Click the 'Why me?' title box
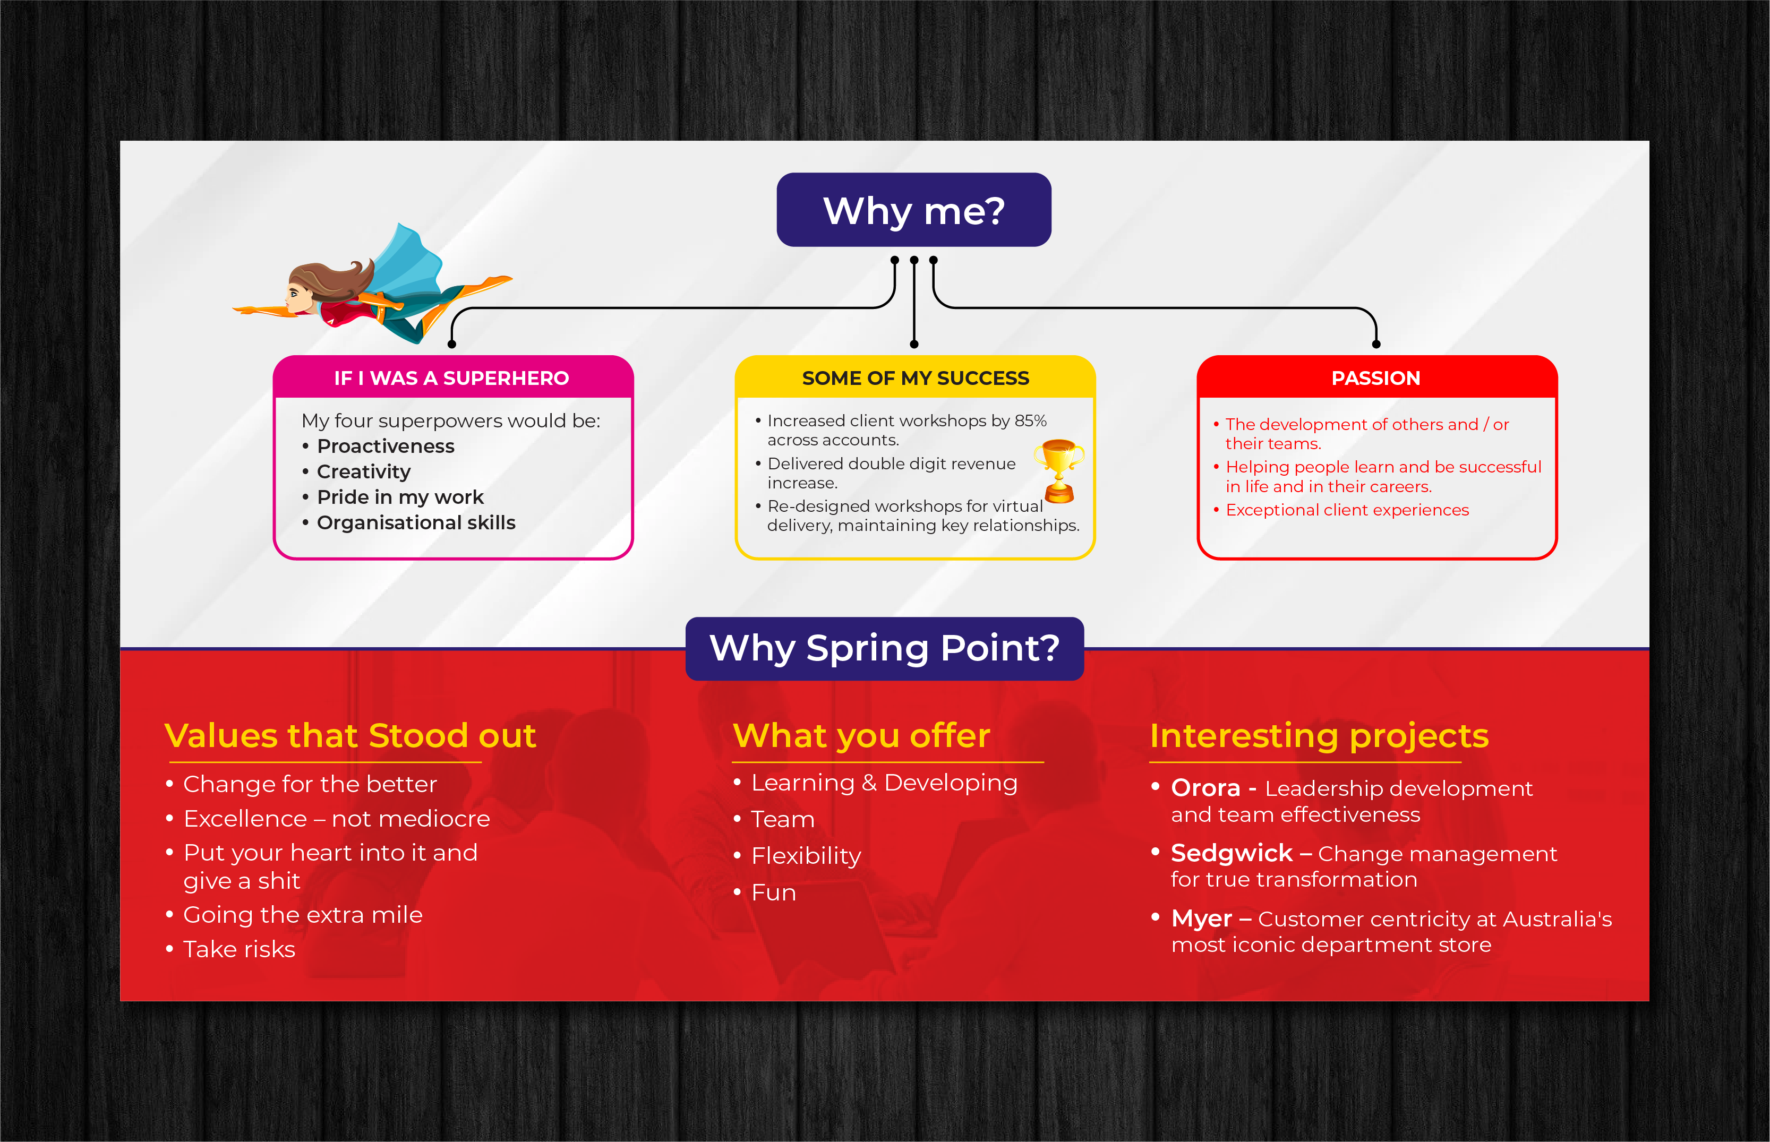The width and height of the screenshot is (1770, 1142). (913, 210)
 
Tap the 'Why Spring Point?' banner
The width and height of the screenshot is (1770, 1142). (885, 649)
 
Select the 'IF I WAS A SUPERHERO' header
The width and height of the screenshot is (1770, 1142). (451, 377)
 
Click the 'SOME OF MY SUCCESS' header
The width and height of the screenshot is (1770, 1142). (915, 377)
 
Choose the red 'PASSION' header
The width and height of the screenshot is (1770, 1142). (1376, 377)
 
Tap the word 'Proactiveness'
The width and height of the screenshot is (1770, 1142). (386, 447)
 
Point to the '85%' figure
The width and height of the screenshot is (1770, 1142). (1031, 420)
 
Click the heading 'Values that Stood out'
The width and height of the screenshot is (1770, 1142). (350, 736)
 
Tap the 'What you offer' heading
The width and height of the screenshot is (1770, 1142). (861, 736)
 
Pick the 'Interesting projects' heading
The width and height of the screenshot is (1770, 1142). (1319, 736)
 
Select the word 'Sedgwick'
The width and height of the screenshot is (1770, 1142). (1232, 854)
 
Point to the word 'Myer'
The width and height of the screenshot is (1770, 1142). (1201, 920)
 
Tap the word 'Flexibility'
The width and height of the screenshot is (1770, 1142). (806, 856)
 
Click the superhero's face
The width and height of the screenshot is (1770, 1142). (299, 295)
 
